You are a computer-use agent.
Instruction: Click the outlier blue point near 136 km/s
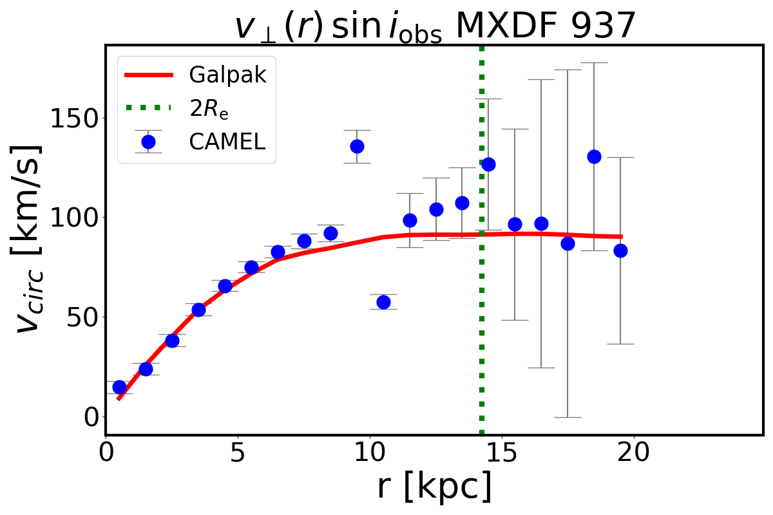click(357, 146)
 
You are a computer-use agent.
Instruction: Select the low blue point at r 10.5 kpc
click(383, 302)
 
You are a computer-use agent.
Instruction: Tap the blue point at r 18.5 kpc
click(594, 156)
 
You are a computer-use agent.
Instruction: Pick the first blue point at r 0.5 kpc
click(119, 387)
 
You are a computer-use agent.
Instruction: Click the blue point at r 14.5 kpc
click(488, 164)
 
